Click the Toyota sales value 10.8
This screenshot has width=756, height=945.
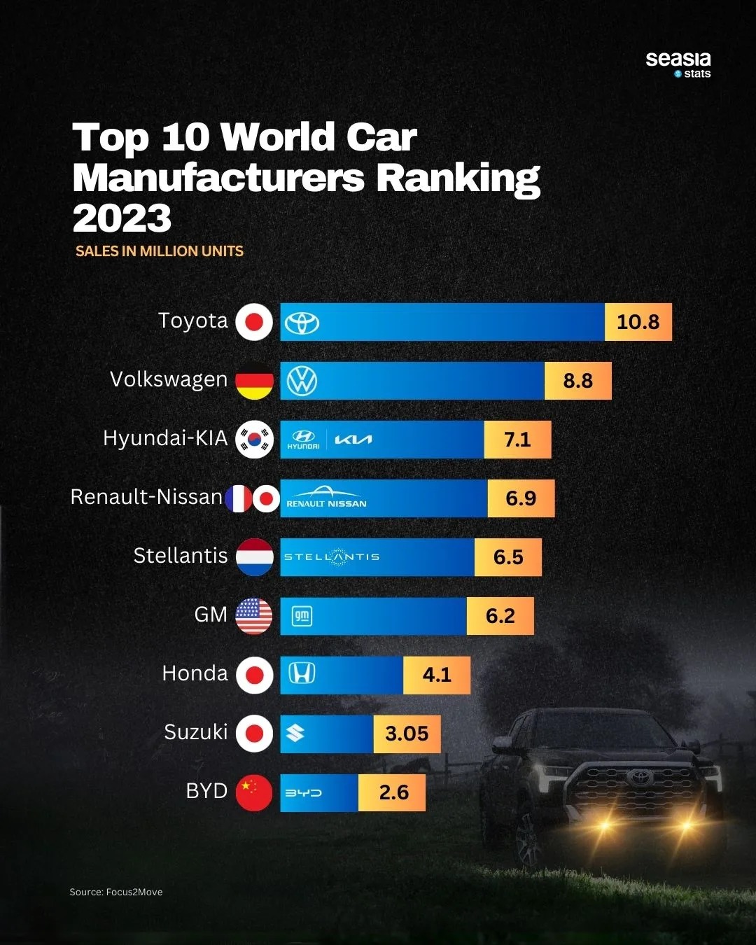pyautogui.click(x=638, y=322)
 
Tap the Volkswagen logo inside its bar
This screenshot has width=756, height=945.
pyautogui.click(x=302, y=381)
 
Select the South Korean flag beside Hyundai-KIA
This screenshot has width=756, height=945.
pyautogui.click(x=254, y=440)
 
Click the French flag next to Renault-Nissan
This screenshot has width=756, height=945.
pyautogui.click(x=238, y=498)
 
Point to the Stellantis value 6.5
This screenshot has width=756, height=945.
pyautogui.click(x=508, y=557)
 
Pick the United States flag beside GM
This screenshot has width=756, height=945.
pyautogui.click(x=254, y=616)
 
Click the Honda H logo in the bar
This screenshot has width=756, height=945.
pyautogui.click(x=302, y=673)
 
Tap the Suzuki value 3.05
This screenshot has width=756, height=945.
pyautogui.click(x=407, y=734)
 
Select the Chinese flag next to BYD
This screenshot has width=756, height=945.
pyautogui.click(x=254, y=792)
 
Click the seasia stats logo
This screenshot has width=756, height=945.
pyautogui.click(x=678, y=64)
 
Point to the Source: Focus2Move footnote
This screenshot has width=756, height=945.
pyautogui.click(x=116, y=892)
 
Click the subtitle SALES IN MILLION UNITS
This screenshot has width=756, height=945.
pyautogui.click(x=160, y=251)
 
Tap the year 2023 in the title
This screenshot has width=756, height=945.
pyautogui.click(x=122, y=218)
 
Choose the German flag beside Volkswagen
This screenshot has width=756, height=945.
pyautogui.click(x=254, y=381)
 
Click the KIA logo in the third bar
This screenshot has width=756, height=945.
pyautogui.click(x=353, y=440)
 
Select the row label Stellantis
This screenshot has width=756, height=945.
pyautogui.click(x=181, y=556)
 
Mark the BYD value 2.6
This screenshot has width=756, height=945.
pyautogui.click(x=393, y=792)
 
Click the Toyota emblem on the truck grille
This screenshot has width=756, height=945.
pyautogui.click(x=639, y=777)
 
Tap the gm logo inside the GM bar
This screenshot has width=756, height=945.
pyautogui.click(x=302, y=616)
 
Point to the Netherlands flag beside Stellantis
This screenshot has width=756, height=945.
pyautogui.click(x=254, y=557)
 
